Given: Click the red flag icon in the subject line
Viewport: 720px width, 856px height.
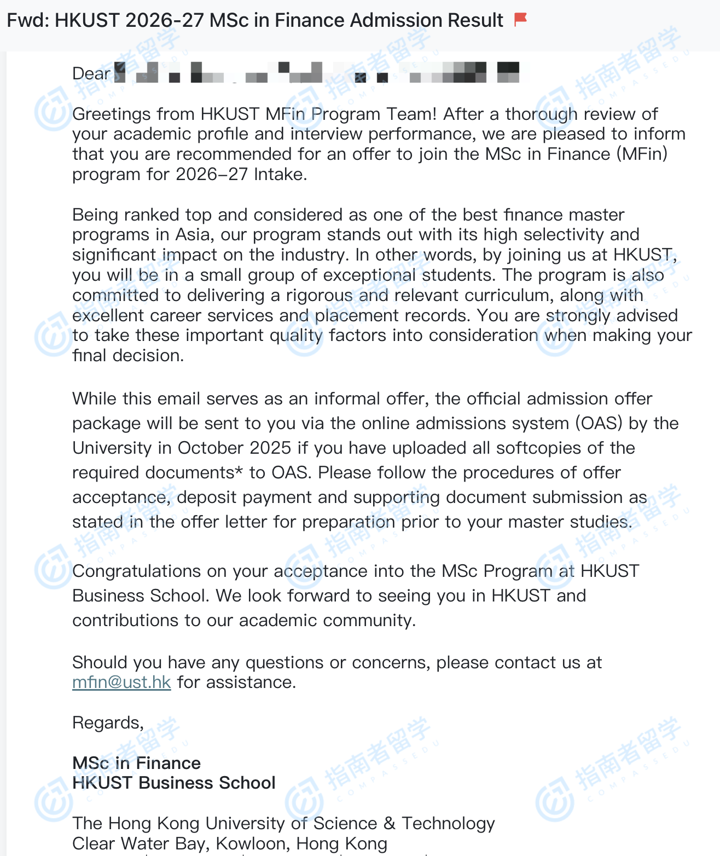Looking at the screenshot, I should coord(520,20).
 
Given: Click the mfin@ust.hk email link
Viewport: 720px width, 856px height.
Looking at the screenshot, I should coord(121,683).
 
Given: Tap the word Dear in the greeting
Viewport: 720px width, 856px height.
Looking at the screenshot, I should coord(91,73).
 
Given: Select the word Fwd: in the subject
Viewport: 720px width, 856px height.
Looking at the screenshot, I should coord(28,20).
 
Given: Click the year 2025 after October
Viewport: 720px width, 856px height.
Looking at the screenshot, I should coord(270,448).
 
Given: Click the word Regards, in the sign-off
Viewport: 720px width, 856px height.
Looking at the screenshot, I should coord(108,723).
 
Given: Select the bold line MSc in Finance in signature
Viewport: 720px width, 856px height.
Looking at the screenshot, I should coord(136,763).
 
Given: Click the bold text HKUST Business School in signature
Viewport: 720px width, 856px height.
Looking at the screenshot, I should coord(173,783).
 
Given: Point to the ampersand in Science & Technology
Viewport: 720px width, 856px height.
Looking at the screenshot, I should coord(389,823).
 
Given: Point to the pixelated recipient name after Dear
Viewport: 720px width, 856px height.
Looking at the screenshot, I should coord(317,73).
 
